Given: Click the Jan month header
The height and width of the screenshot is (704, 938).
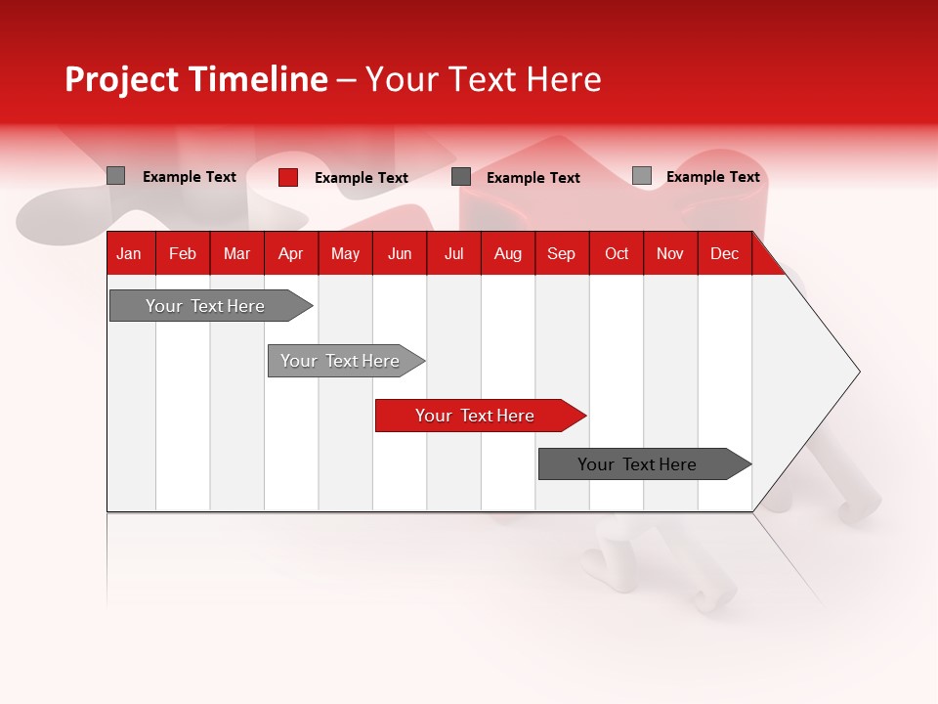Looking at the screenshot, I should pos(129,253).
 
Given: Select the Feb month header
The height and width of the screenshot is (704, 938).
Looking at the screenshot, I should pos(183,253).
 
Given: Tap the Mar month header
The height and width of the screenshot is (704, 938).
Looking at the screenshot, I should pos(236,253).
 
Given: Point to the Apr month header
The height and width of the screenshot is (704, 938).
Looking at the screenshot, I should pos(290,253).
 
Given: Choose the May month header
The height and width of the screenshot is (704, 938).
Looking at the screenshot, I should pos(345,253).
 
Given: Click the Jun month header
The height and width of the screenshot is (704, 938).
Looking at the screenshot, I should pos(400,253).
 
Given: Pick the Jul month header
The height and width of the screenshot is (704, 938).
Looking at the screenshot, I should pos(453,253).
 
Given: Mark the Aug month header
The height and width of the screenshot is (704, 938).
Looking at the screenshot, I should pos(507,253).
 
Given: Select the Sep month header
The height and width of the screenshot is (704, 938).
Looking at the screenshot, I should pos(561,253).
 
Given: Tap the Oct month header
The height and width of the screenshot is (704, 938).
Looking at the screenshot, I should pos(617,253).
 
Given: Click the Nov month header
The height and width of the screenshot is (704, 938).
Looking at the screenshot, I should pos(670,253).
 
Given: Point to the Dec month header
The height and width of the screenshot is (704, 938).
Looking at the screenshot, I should pos(724,253).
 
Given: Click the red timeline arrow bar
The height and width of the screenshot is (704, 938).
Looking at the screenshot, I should pos(479,416).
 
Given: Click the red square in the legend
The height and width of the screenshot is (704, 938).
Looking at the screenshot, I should pos(288,177).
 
